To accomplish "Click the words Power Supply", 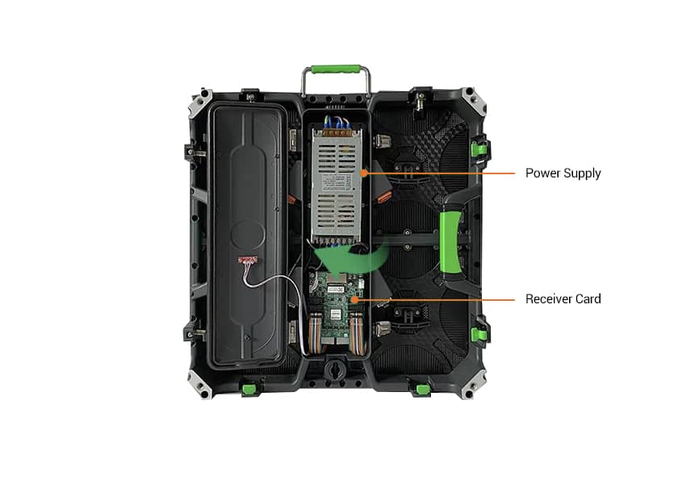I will point(563,173).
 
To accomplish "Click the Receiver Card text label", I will point(563,299).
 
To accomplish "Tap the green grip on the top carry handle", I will point(337,70).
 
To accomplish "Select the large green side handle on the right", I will point(450,242).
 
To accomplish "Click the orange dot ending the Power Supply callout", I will point(365,172).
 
